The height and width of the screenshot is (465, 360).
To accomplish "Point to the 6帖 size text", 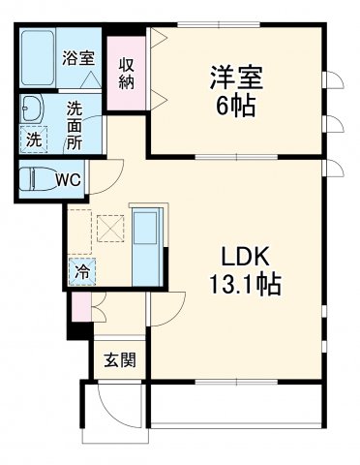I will click(233, 104).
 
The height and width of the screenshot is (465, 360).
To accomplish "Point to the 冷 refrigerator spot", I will click(82, 272).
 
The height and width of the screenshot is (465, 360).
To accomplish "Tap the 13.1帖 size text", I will click(247, 288).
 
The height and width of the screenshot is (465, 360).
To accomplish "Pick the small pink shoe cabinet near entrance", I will click(79, 310).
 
